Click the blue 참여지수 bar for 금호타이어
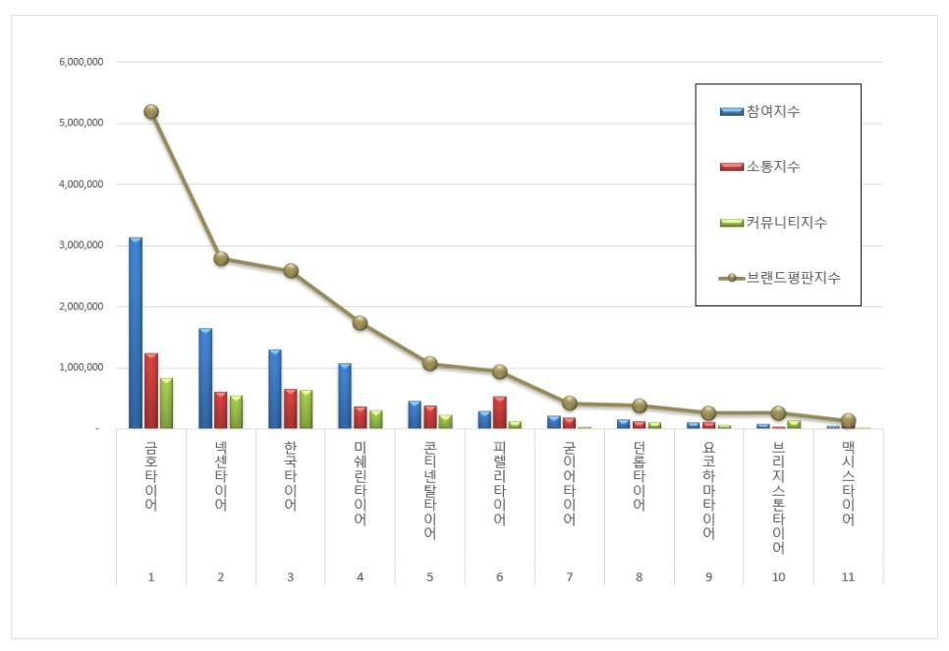[136, 334]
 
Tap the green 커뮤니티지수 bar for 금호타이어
[166, 404]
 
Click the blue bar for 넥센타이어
[205, 379]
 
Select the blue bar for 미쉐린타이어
[345, 396]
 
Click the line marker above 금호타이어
[151, 112]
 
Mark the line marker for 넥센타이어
[221, 259]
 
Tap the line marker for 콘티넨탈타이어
[429, 363]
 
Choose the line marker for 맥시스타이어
[848, 420]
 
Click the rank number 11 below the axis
[848, 577]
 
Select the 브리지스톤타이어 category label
[778, 497]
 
